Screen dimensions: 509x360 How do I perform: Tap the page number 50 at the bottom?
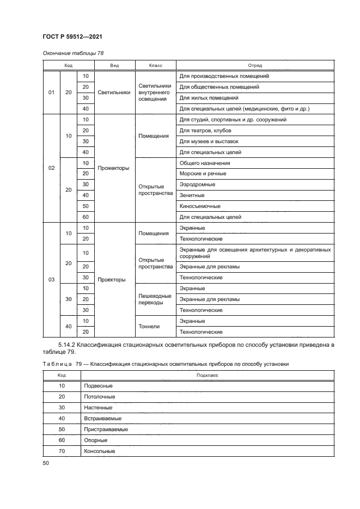pyautogui.click(x=45, y=463)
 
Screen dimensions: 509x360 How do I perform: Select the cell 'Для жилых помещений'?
pyautogui.click(x=209, y=98)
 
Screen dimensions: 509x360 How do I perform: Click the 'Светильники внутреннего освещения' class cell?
pyautogui.click(x=155, y=93)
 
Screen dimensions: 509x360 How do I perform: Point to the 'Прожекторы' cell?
pyautogui.click(x=113, y=168)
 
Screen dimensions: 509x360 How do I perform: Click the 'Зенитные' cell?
pyautogui.click(x=192, y=195)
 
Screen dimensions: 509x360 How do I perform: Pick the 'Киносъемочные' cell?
pyautogui.click(x=199, y=206)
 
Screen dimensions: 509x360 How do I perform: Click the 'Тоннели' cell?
pyautogui.click(x=149, y=326)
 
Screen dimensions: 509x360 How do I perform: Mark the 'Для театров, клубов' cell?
pyautogui.click(x=205, y=131)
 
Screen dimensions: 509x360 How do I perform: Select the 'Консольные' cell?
pyautogui.click(x=99, y=451)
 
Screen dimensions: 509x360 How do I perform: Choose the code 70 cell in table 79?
pyautogui.click(x=62, y=451)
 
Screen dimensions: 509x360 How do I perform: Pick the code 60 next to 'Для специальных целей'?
pyautogui.click(x=85, y=217)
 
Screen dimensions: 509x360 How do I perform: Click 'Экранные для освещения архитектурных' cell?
pyautogui.click(x=254, y=253)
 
